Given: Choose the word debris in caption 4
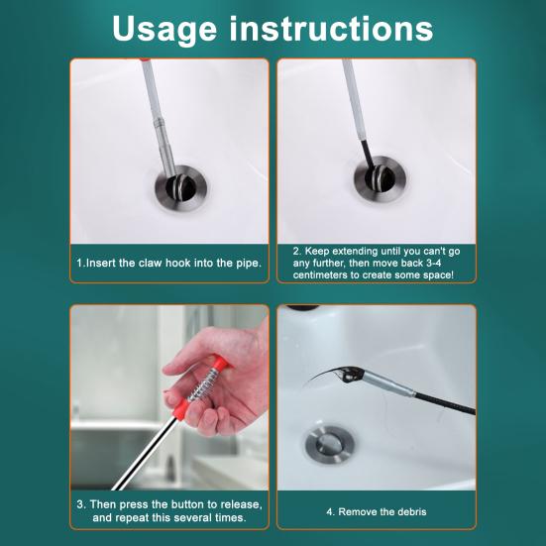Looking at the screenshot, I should (x=407, y=511).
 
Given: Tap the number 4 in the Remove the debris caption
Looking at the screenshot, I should (x=330, y=511).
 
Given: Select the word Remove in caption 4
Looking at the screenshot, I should (x=358, y=511).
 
